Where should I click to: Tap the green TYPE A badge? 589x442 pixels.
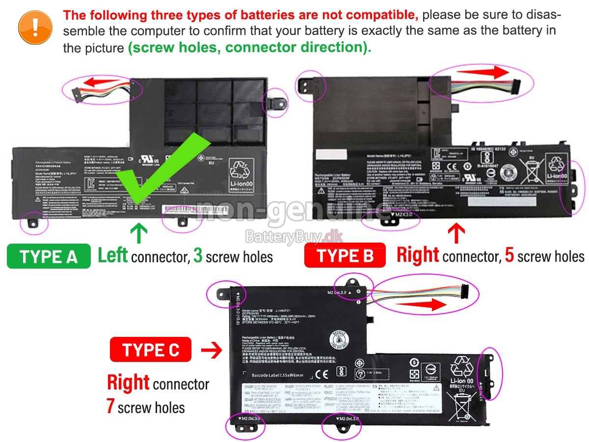click(49, 256)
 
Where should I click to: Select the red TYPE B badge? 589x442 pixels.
click(345, 255)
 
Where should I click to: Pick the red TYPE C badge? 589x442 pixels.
click(151, 350)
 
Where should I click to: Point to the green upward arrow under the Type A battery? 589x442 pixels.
click(139, 234)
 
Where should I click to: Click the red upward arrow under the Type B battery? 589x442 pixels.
click(456, 234)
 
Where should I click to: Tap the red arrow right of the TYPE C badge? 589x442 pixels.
click(212, 350)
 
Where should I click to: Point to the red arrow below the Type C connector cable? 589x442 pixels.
click(423, 304)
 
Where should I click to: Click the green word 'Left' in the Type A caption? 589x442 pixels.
click(112, 255)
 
